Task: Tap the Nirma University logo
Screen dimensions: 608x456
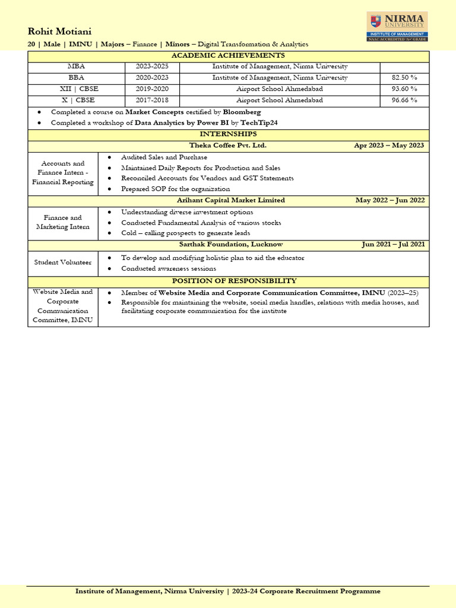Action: click(x=397, y=27)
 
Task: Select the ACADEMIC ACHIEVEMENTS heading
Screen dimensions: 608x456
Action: click(x=228, y=56)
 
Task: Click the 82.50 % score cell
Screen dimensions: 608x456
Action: click(x=404, y=78)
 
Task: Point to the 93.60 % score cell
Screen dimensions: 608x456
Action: click(x=404, y=88)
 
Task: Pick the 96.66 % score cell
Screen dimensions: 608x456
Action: click(x=404, y=100)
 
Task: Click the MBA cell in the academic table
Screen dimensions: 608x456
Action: click(x=76, y=66)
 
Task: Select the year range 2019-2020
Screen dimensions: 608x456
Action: click(x=152, y=88)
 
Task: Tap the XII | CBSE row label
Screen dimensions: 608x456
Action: click(x=76, y=88)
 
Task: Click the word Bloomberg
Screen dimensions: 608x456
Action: click(x=242, y=112)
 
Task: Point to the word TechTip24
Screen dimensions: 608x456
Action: click(x=259, y=123)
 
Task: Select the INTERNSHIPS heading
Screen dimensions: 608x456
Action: click(x=228, y=134)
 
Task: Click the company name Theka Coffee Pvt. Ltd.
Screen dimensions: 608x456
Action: click(x=228, y=145)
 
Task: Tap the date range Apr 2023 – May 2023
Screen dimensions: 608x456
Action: click(x=389, y=145)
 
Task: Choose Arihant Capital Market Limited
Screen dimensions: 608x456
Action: click(x=231, y=200)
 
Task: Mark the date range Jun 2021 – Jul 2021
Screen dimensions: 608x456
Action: click(x=393, y=245)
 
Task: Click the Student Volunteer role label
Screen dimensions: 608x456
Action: click(x=63, y=262)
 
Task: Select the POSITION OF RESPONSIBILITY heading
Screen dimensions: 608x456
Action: click(x=234, y=281)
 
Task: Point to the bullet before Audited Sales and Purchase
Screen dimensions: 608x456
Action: click(x=110, y=157)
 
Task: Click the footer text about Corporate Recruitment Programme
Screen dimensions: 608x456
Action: click(x=228, y=591)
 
